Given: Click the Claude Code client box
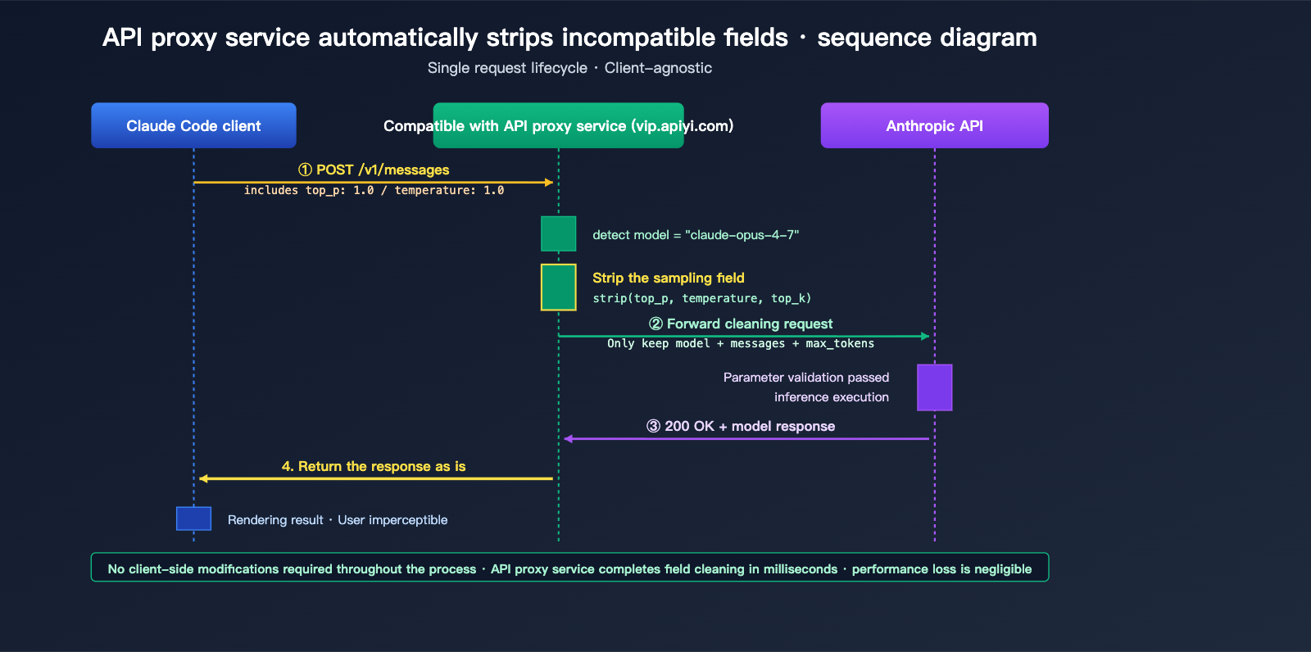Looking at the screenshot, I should tap(193, 125).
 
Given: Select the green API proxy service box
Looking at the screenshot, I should tap(558, 125).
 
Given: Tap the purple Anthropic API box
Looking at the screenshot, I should tap(934, 125).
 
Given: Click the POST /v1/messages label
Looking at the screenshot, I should tap(374, 170).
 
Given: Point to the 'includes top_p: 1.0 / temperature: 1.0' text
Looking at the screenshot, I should tap(374, 190).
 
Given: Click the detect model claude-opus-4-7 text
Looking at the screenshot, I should tap(696, 235).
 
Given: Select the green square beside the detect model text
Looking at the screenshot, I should tap(558, 233).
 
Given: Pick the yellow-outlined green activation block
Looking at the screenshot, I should tap(558, 287).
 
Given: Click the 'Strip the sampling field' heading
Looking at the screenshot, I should tap(668, 278).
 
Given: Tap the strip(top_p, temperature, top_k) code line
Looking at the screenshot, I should tap(701, 298).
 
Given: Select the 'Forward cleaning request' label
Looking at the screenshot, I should tap(741, 324).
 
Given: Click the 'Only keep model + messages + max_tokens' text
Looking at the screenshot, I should tap(740, 343).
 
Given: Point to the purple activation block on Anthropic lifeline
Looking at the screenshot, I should tap(934, 387).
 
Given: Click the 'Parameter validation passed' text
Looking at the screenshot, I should tap(805, 378).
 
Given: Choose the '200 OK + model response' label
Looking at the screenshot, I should tap(741, 426).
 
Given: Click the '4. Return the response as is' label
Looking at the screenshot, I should tap(374, 466).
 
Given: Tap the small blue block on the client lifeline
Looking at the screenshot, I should tap(193, 518).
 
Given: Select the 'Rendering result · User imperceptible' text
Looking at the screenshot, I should tap(338, 520).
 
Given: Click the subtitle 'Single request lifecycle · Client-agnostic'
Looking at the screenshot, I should tap(569, 68).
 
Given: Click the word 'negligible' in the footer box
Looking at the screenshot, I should tap(1001, 569).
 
